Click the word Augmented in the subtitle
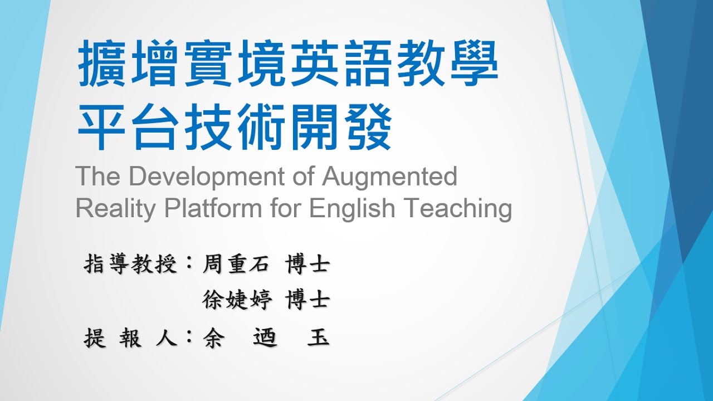tap(389, 177)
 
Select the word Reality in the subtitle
tap(115, 209)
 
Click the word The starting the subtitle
tap(98, 177)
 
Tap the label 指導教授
tap(130, 263)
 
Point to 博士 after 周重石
tap(307, 263)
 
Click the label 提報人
tap(130, 338)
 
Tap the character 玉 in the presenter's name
tap(318, 338)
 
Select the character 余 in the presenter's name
tap(212, 338)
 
